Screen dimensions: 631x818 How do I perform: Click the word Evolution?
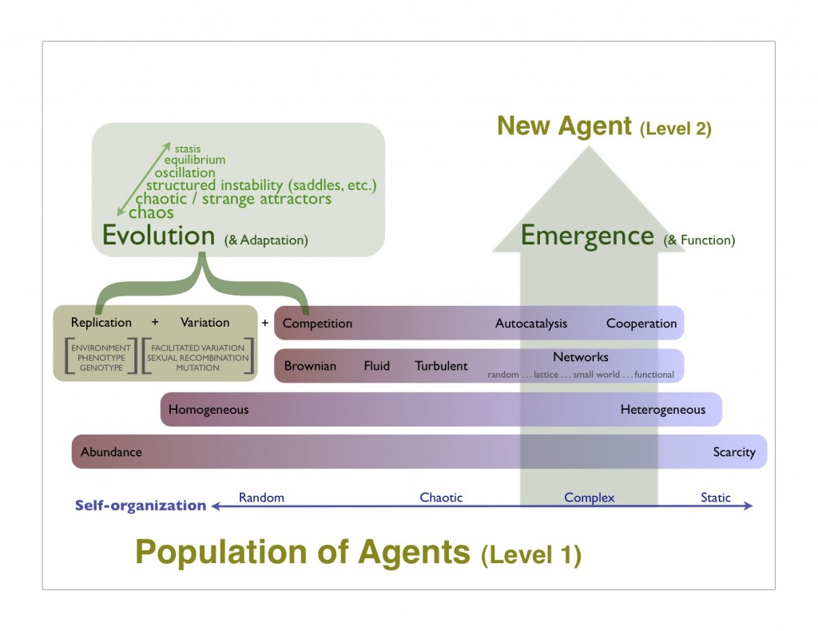click(x=158, y=236)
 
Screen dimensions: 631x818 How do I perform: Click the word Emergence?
click(x=587, y=236)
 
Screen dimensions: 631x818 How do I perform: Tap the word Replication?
click(x=101, y=323)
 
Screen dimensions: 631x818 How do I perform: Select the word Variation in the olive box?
click(x=204, y=323)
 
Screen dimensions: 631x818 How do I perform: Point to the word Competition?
click(x=317, y=323)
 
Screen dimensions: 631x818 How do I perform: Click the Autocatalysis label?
click(x=531, y=323)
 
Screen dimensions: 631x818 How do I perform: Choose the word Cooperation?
click(x=641, y=323)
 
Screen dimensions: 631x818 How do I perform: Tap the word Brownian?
click(x=310, y=366)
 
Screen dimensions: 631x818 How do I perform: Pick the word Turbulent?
click(x=441, y=366)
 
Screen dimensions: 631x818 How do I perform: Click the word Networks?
click(x=581, y=357)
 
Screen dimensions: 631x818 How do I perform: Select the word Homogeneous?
click(x=208, y=410)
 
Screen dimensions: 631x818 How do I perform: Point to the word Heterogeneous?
click(x=663, y=410)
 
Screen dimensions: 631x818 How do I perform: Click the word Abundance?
click(x=111, y=452)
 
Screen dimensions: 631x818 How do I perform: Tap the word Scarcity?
click(x=734, y=452)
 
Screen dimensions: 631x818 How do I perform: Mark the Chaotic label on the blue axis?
click(x=441, y=498)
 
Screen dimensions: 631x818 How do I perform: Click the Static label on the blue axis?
click(x=716, y=498)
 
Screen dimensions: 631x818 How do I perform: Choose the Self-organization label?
click(x=141, y=505)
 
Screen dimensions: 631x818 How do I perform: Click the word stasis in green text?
click(x=188, y=149)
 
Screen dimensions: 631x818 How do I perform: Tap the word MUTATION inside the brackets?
click(x=197, y=367)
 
